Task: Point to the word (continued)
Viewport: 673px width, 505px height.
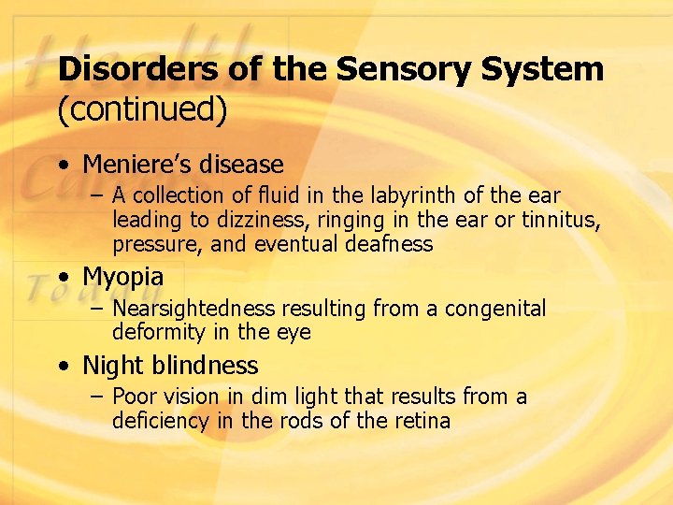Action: coord(142,109)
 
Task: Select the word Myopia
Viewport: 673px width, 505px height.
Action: coord(122,277)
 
